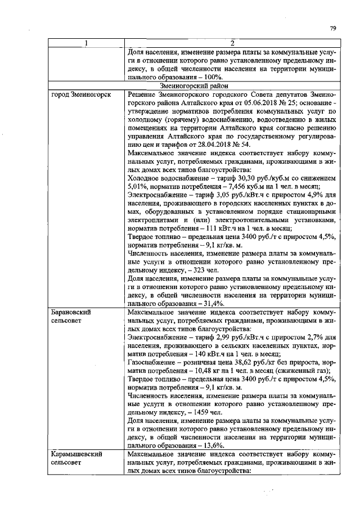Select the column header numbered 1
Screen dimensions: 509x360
(86, 43)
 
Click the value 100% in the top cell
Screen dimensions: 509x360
(211, 77)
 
